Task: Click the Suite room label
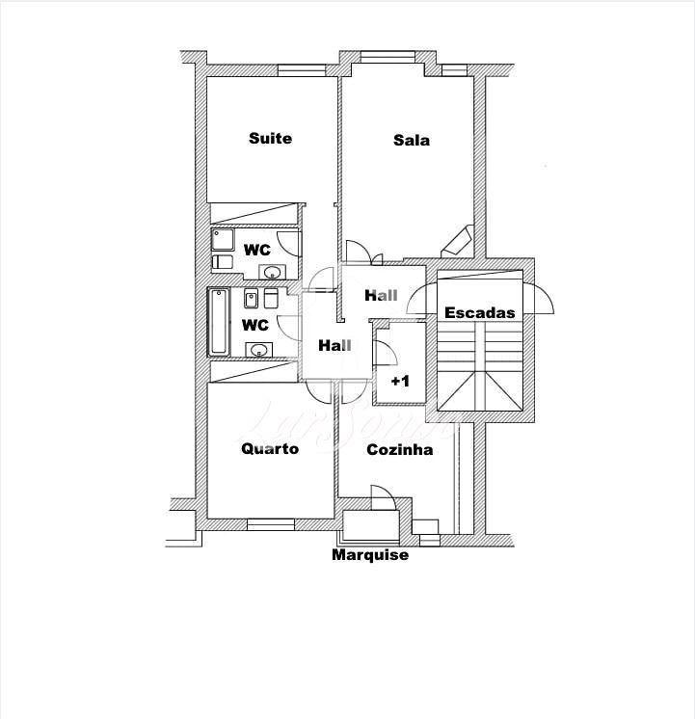coord(270,138)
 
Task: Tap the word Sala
coord(412,140)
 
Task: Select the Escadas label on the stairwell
coord(480,312)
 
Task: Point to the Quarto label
coord(270,448)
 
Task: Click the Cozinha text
coord(400,449)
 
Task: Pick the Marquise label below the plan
coord(370,555)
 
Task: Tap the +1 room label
coord(400,381)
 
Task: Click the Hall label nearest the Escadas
coord(381,295)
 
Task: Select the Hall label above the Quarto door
coord(334,345)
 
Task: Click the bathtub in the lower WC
coord(219,322)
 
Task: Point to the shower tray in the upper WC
coord(223,239)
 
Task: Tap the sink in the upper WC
coord(273,273)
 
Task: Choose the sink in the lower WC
coord(258,350)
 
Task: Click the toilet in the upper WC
coord(223,262)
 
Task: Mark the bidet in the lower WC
coord(251,299)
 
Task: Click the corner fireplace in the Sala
coord(457,241)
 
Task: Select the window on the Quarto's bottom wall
coord(271,524)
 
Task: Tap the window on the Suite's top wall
coord(302,70)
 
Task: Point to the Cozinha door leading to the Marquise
coord(383,497)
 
